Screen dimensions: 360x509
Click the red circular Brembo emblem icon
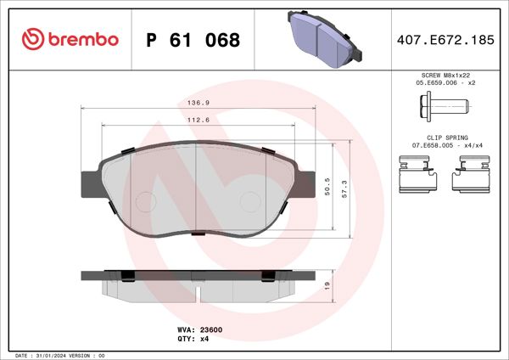31,40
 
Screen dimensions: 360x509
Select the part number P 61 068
193,40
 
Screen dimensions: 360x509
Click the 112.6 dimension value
199,120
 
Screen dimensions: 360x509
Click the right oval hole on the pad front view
250,201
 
